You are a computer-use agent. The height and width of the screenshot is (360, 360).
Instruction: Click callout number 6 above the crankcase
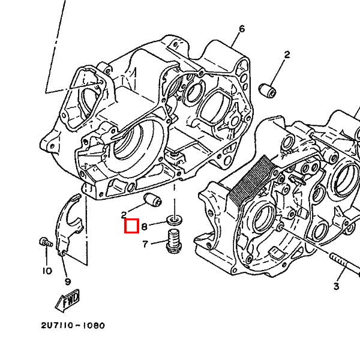[242, 29]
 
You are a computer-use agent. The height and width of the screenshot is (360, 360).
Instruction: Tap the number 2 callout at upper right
[287, 55]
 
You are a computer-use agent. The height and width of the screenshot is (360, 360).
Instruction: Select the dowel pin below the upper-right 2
[268, 91]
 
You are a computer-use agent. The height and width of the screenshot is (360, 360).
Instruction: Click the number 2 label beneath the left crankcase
[124, 215]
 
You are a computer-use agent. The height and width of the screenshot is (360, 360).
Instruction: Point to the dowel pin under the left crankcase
[152, 200]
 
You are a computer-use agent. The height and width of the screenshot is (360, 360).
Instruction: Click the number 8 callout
[144, 227]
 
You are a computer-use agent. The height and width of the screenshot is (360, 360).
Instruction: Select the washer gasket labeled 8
[175, 221]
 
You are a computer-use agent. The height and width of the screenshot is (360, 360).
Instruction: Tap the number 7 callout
[145, 244]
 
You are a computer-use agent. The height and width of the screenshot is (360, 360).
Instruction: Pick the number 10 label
[47, 271]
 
